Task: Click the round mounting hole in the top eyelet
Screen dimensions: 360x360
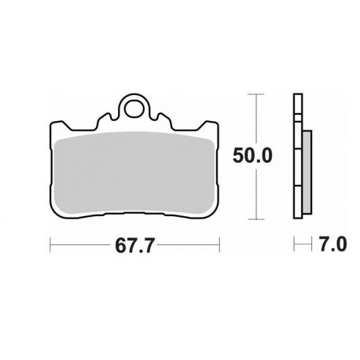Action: click(x=134, y=109)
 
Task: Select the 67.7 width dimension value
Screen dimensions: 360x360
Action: click(x=134, y=245)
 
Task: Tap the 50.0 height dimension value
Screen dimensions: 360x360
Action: click(x=252, y=156)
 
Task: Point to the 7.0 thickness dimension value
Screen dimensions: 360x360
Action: click(x=333, y=244)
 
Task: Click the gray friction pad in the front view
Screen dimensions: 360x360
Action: click(x=134, y=172)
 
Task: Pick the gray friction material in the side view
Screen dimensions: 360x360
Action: click(x=307, y=172)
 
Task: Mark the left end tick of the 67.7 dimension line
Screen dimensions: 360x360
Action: click(x=50, y=245)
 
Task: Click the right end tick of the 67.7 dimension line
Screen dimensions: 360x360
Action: click(x=219, y=245)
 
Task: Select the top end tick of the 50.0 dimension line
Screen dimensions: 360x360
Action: click(x=256, y=94)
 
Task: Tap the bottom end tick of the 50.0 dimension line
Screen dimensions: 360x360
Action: click(x=256, y=219)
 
